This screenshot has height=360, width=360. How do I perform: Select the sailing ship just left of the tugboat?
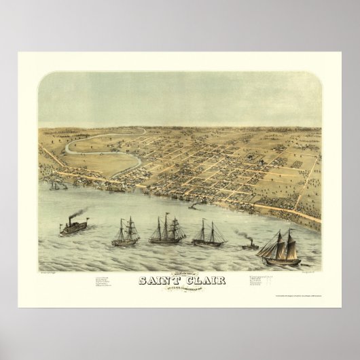click(x=209, y=234)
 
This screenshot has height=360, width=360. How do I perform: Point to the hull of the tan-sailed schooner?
click(x=279, y=260)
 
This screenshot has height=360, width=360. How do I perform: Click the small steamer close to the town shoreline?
click(x=194, y=205)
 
